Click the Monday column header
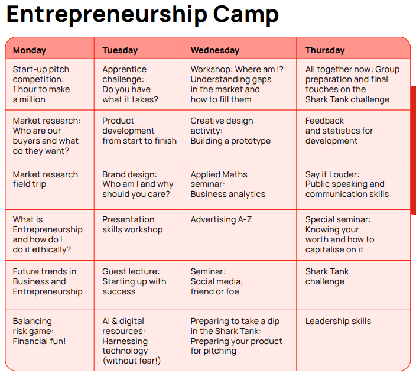[30, 50]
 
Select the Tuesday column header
[120, 50]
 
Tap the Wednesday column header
[215, 50]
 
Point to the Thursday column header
[325, 50]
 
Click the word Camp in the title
[246, 14]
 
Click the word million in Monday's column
[32, 99]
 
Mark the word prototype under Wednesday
[251, 141]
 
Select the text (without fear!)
[132, 361]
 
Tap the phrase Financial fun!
[39, 341]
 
